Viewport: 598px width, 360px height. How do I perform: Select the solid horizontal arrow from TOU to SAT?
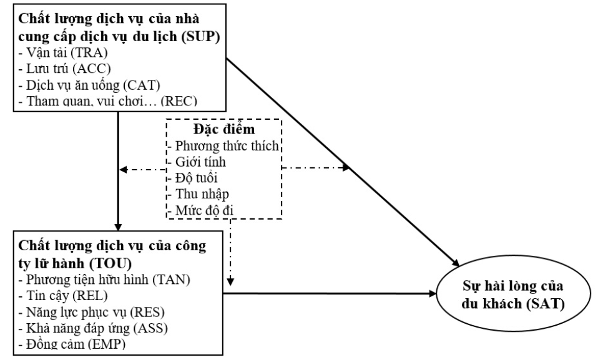tap(331, 292)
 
